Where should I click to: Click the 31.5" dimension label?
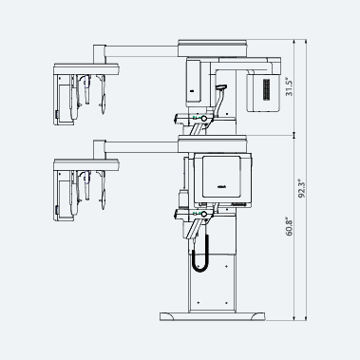pos(290,87)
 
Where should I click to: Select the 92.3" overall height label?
pos(302,189)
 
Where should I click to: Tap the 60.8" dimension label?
pos(289,226)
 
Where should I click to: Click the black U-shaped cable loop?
pos(200,254)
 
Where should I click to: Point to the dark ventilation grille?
pos(267,89)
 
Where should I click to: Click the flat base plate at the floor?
pos(212,316)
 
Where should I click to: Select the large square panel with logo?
pos(223,179)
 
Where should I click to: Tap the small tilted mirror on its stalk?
pos(221,87)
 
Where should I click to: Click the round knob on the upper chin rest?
pos(204,119)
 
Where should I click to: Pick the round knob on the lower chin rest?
pos(204,215)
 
